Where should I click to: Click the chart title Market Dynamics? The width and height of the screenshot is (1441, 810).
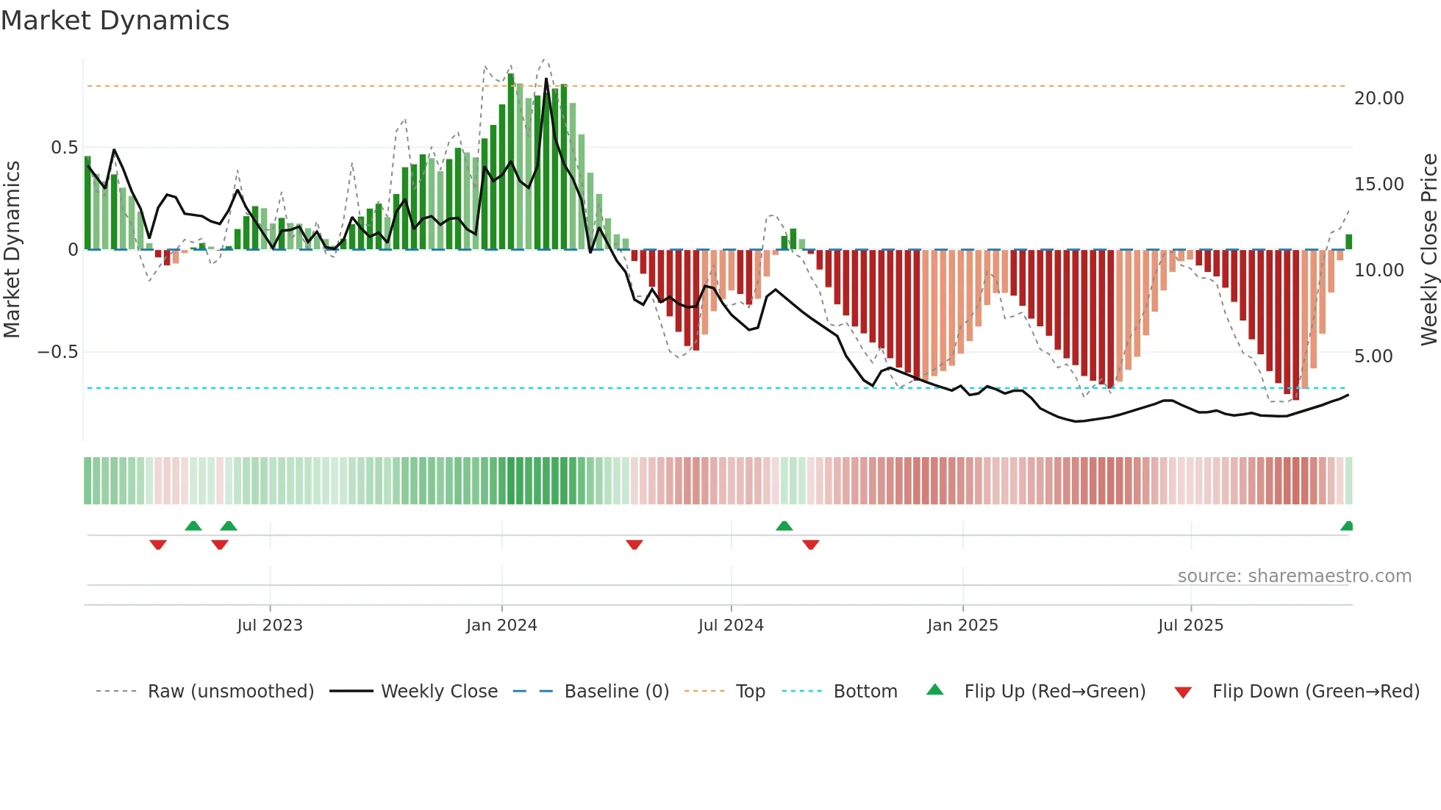click(115, 21)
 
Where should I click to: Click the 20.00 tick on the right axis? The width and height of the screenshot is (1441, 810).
click(1379, 98)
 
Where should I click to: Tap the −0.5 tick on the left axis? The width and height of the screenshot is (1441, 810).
click(57, 352)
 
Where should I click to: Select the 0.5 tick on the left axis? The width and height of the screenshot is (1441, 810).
click(64, 148)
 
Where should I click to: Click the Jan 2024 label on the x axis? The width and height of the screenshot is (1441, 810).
click(501, 626)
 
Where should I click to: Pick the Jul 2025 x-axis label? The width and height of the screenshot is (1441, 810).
click(1190, 626)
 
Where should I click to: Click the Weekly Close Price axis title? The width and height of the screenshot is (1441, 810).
click(1429, 249)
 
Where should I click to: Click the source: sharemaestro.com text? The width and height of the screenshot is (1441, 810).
click(1294, 576)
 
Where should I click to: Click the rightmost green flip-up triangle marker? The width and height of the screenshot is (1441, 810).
click(1347, 526)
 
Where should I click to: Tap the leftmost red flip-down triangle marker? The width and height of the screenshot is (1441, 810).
click(158, 545)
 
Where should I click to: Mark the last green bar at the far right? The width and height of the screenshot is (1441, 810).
click(1348, 242)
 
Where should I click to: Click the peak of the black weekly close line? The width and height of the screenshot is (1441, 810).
click(546, 79)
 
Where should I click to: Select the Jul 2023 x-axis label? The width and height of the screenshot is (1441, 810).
click(270, 626)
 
